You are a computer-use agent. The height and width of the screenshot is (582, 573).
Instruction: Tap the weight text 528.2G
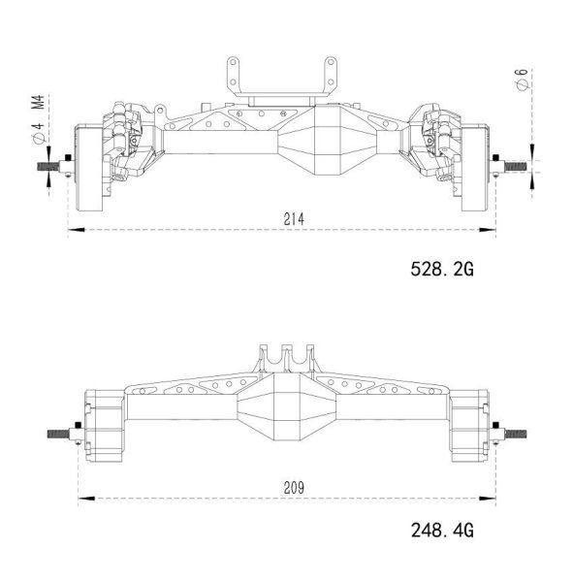click(x=441, y=269)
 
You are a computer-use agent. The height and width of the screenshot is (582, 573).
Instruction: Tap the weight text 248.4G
click(x=441, y=531)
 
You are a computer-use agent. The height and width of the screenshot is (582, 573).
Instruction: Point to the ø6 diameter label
click(x=523, y=83)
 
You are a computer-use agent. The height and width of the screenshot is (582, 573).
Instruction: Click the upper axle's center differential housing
click(x=318, y=144)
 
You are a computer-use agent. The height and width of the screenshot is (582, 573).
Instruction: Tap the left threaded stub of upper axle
click(x=51, y=166)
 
